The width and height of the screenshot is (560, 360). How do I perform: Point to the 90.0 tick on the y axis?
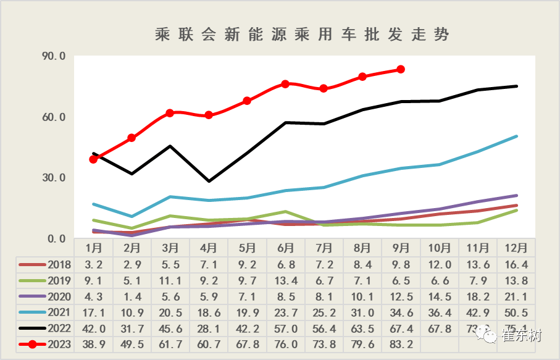point(54,56)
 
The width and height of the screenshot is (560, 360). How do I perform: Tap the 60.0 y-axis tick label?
point(54,117)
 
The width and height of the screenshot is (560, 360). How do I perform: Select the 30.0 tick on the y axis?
point(54,178)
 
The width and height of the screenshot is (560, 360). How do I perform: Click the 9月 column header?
point(401,248)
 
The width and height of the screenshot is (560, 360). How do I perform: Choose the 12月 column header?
point(516,248)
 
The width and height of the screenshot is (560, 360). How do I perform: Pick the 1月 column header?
point(94,248)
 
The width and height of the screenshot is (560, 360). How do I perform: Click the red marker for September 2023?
point(401,69)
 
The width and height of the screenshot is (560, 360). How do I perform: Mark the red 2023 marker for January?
point(94,159)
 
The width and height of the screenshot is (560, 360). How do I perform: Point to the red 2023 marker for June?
point(285,84)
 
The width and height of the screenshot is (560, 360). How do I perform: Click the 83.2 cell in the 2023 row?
point(401,345)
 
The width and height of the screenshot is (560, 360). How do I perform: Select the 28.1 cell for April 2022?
point(209,329)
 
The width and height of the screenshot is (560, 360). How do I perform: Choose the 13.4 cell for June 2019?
point(285,280)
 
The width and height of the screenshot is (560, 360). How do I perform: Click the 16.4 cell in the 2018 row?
point(516,264)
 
